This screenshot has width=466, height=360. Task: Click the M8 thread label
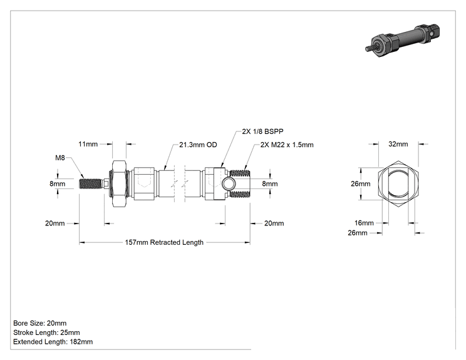[60, 158]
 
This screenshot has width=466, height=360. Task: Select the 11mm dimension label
[88, 144]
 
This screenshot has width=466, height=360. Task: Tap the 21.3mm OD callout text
[198, 145]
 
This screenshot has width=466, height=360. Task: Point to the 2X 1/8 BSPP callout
[262, 131]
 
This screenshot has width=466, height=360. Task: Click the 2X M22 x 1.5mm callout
[287, 145]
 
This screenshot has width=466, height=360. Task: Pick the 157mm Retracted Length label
[164, 242]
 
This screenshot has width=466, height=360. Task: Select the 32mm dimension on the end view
[398, 144]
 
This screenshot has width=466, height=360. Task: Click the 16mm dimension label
[364, 223]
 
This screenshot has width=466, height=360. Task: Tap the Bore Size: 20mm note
[40, 323]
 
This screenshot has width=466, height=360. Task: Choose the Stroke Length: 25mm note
[46, 332]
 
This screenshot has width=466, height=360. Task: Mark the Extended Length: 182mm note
[53, 342]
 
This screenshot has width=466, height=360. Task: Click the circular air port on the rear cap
[229, 184]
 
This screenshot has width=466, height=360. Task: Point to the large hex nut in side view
[120, 184]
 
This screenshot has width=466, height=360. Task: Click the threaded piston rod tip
[90, 183]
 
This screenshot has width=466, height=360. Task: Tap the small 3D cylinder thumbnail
[402, 40]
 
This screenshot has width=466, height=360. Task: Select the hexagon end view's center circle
[398, 184]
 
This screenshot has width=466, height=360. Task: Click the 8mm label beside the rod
[58, 184]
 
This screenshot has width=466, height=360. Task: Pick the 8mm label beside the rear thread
[270, 184]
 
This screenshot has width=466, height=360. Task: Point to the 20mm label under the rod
[54, 223]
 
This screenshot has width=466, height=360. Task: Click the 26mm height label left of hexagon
[361, 184]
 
